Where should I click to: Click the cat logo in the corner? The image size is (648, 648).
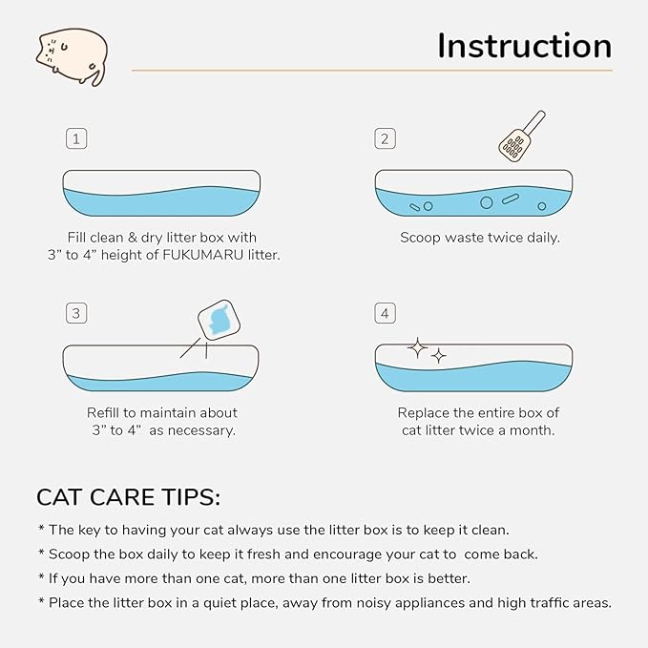(72, 56)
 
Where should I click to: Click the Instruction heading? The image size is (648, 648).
(524, 46)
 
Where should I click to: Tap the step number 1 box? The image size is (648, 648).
(76, 139)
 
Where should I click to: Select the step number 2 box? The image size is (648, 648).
(385, 139)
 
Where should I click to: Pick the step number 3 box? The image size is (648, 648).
(76, 313)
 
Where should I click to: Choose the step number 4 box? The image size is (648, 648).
(385, 313)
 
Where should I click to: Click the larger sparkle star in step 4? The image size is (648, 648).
(417, 349)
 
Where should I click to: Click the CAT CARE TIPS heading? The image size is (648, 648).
(128, 497)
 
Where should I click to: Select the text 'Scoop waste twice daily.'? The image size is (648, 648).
(479, 237)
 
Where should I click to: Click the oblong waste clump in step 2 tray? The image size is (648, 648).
(510, 200)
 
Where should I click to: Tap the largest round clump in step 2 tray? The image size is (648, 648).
(486, 202)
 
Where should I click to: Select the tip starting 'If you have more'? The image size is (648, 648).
(254, 578)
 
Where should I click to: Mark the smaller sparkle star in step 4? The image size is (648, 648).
(439, 356)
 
